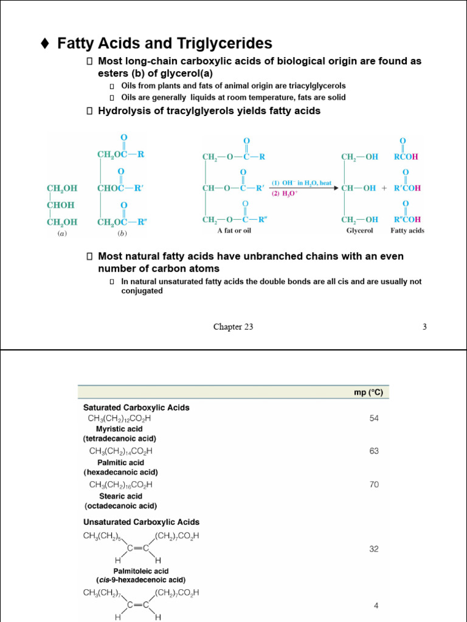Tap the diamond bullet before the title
[44, 44]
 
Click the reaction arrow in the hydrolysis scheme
[304, 188]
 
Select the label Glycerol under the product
[359, 231]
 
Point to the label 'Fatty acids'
[407, 231]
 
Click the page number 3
[424, 327]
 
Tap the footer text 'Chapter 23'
[233, 327]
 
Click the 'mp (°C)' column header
[368, 392]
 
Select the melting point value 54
[373, 419]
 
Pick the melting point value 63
[373, 451]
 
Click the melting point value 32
[373, 549]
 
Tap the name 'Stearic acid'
[120, 496]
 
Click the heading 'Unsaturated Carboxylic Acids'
[141, 522]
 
